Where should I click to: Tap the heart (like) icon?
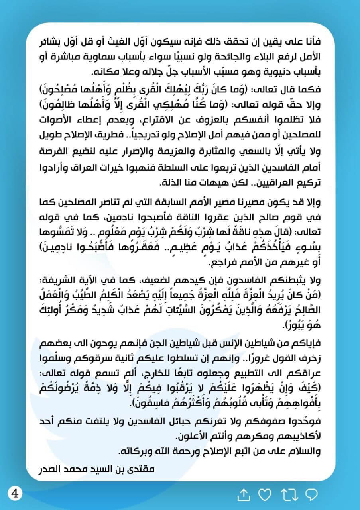[264, 495]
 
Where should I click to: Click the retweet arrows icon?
[289, 495]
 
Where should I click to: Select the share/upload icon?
[243, 495]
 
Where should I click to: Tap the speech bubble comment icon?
[311, 495]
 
